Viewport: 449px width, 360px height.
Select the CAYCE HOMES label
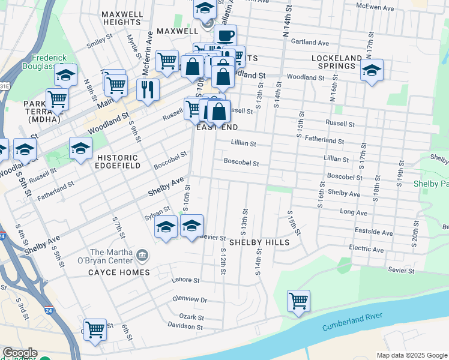coord(119,272)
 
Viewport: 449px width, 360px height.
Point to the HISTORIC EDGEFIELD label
coord(117,162)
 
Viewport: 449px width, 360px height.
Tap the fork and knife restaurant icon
coord(148,90)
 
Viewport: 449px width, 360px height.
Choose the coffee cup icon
coord(225,36)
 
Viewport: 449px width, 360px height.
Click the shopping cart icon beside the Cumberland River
coord(298,301)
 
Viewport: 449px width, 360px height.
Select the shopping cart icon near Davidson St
coord(95,329)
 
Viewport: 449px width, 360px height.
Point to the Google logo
coord(20,353)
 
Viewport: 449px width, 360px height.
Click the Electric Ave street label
coord(367,249)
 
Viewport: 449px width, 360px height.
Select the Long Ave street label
coord(353,212)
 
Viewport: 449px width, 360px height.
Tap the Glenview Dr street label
coord(190,299)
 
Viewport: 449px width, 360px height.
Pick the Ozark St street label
coord(191,317)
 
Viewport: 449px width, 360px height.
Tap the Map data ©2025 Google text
coord(411,355)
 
